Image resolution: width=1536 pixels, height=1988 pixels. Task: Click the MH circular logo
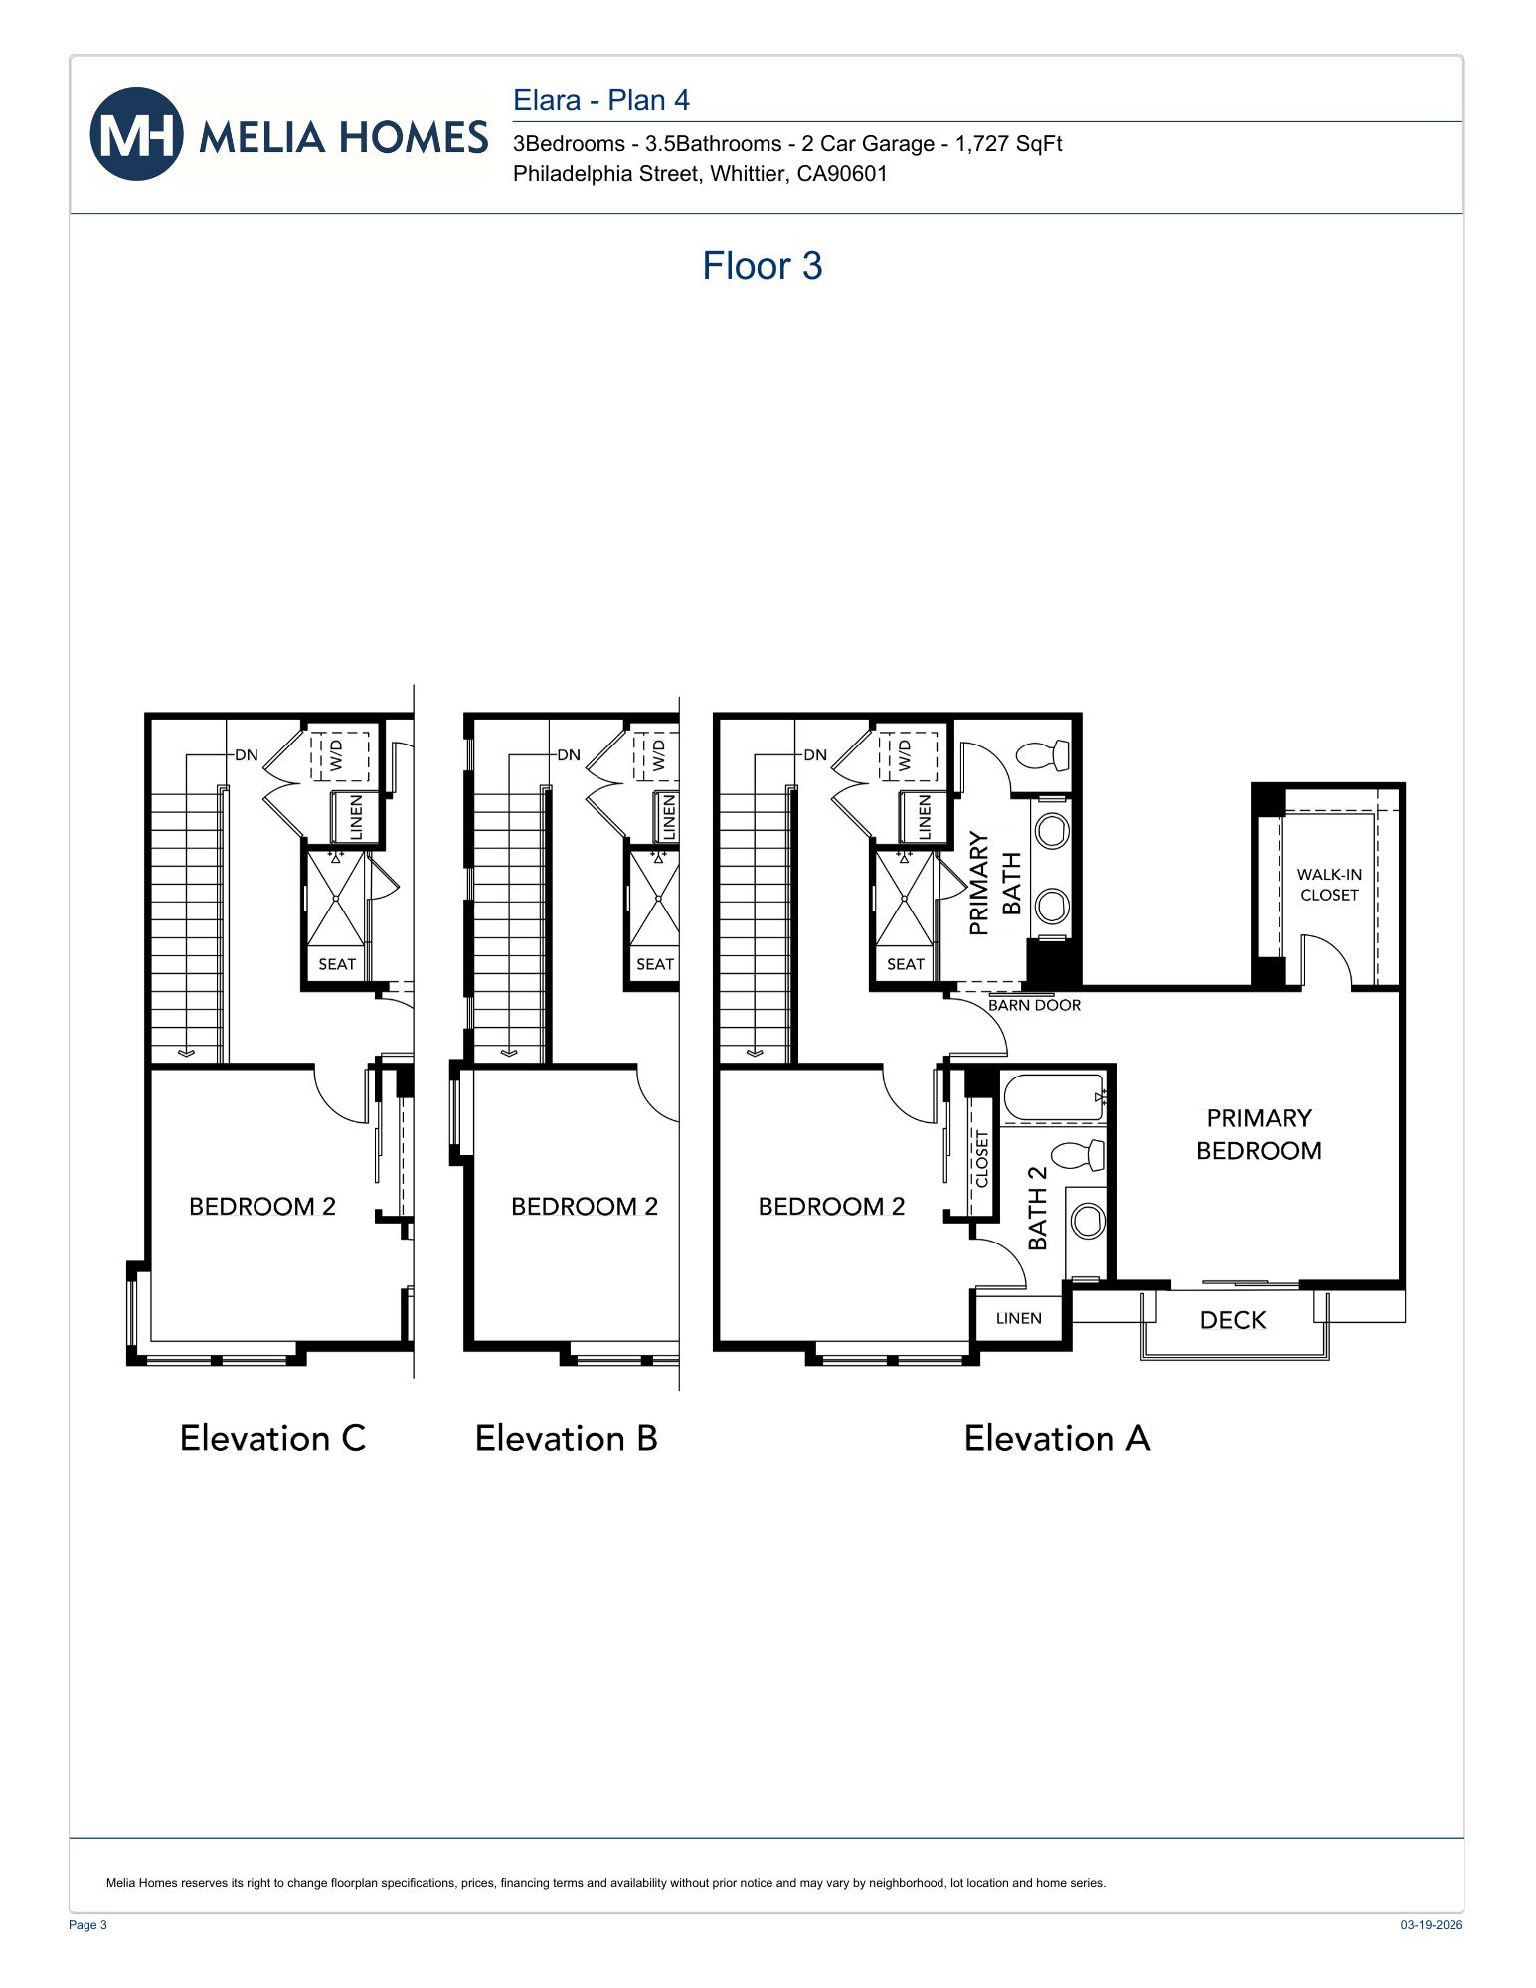pyautogui.click(x=136, y=134)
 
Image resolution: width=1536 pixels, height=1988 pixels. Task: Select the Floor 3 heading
pyautogui.click(x=762, y=266)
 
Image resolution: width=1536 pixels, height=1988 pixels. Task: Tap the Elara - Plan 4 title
pyautogui.click(x=600, y=100)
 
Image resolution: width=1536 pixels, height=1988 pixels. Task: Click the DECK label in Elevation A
pyautogui.click(x=1232, y=1320)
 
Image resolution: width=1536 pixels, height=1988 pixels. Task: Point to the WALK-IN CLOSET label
pyautogui.click(x=1328, y=885)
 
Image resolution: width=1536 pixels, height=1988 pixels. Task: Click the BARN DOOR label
pyautogui.click(x=1034, y=1005)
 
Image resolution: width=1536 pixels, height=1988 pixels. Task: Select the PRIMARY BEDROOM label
pyautogui.click(x=1259, y=1134)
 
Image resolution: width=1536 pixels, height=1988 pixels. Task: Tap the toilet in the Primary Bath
pyautogui.click(x=1043, y=755)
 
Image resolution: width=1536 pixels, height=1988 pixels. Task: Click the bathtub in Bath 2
pyautogui.click(x=1053, y=1097)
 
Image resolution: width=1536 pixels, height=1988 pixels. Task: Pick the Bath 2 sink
pyautogui.click(x=1088, y=1221)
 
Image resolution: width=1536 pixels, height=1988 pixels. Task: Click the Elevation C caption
pyautogui.click(x=272, y=1438)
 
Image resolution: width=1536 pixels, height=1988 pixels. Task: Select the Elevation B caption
pyautogui.click(x=566, y=1438)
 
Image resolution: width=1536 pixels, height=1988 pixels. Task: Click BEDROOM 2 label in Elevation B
pyautogui.click(x=585, y=1206)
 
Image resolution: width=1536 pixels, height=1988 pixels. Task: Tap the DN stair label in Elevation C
pyautogui.click(x=246, y=755)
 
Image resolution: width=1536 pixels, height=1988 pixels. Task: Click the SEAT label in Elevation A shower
pyautogui.click(x=905, y=964)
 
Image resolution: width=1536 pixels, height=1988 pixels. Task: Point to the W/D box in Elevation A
pyautogui.click(x=907, y=756)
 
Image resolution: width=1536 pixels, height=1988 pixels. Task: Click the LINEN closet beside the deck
pyautogui.click(x=1018, y=1318)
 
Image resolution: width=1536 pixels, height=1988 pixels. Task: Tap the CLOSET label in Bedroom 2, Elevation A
pyautogui.click(x=982, y=1158)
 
